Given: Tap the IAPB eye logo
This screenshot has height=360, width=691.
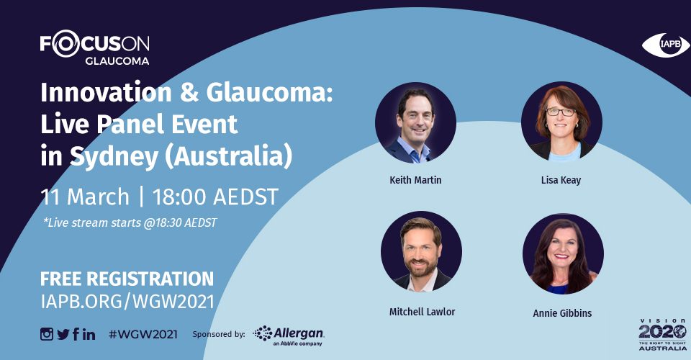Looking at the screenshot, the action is point(666,45).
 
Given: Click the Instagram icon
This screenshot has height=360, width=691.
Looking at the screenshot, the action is point(46,334).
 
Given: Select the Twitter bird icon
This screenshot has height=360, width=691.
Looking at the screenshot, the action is point(63,335).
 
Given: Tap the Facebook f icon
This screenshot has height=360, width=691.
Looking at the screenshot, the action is point(76,334).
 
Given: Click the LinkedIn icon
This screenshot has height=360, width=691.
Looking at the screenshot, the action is point(89,335).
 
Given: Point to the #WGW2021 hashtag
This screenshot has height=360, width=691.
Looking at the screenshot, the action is point(143,335).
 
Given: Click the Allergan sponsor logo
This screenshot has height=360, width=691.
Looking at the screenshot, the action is point(289,336).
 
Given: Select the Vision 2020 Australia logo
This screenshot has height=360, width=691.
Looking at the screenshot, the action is point(663,335).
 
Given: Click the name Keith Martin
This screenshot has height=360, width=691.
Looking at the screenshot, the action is point(415,180).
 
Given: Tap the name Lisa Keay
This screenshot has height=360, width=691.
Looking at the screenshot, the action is point(561,180).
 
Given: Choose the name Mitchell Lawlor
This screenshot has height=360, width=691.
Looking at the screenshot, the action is point(423,312).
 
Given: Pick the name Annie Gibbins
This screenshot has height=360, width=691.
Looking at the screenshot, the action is point(562,313).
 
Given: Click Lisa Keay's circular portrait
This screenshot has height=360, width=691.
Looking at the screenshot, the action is point(561,122).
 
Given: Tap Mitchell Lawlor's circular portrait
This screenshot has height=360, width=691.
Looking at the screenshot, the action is point(421,251).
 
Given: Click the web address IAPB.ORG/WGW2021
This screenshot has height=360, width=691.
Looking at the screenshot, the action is point(127,302).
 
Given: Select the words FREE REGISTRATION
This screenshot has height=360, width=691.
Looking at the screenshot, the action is point(127,279).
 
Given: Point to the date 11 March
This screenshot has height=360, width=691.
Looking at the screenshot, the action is point(85,197).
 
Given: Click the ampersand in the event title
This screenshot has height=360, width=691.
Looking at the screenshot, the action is point(189,93).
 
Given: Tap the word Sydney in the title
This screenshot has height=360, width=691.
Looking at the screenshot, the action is point(114,157).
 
